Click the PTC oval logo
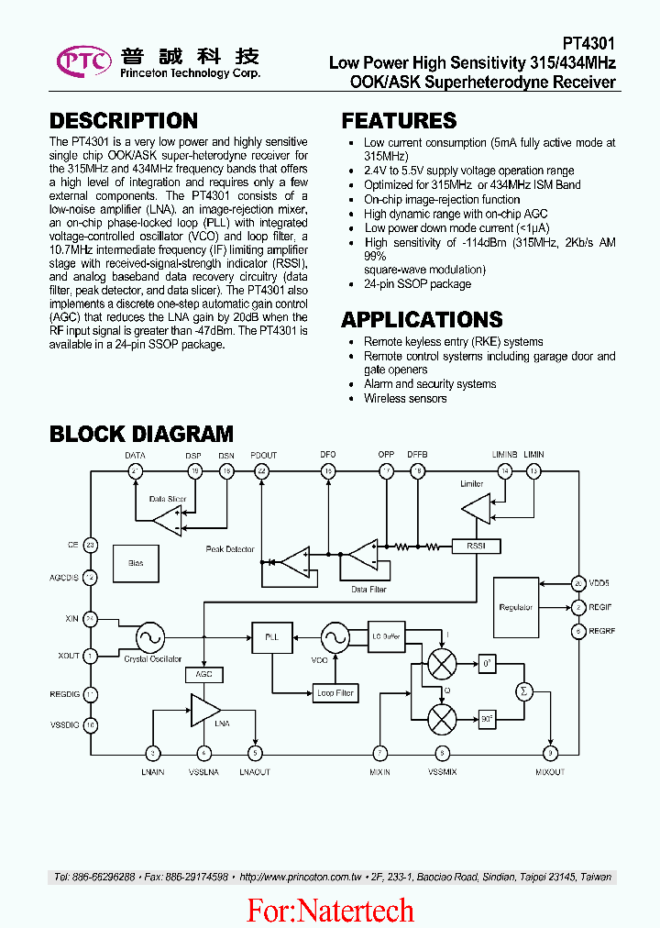click(x=84, y=61)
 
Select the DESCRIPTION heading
click(x=124, y=121)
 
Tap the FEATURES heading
click(x=399, y=121)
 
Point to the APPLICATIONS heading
click(x=422, y=319)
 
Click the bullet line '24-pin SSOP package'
click(x=417, y=284)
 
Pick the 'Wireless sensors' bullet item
click(x=405, y=398)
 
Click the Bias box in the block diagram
click(x=136, y=562)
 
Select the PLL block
click(x=271, y=635)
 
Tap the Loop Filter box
click(x=335, y=693)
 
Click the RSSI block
click(x=477, y=547)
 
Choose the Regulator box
click(x=516, y=607)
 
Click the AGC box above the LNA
click(x=203, y=674)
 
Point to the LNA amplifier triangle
click(x=203, y=709)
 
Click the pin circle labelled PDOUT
click(x=262, y=471)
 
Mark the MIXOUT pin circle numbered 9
click(x=550, y=753)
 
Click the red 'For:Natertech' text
click(x=330, y=910)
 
